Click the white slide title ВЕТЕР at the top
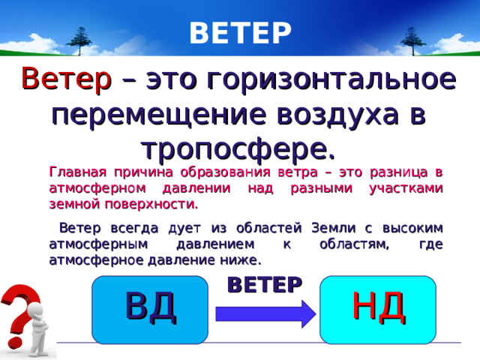[x=240, y=32]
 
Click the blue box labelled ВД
[x=150, y=310]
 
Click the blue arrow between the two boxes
[x=266, y=313]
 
